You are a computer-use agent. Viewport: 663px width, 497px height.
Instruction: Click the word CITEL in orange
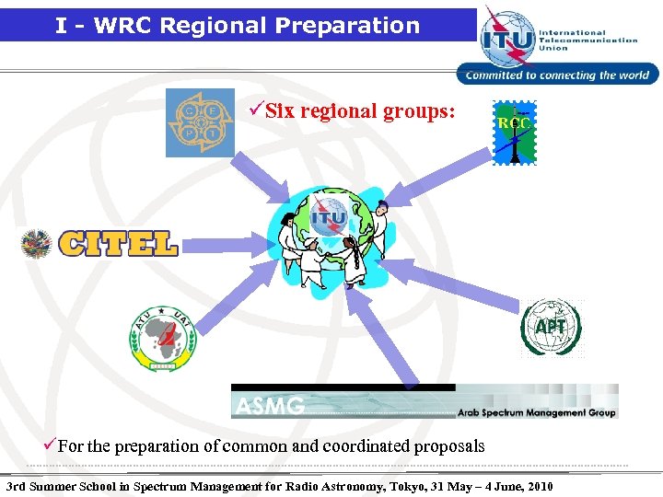click(x=118, y=243)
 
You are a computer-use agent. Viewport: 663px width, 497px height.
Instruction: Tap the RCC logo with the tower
click(x=512, y=133)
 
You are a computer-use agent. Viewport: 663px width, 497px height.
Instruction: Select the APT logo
click(x=551, y=328)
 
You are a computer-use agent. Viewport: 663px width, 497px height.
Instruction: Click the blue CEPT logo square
click(x=200, y=122)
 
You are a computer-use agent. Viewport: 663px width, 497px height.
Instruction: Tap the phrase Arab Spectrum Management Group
click(x=536, y=412)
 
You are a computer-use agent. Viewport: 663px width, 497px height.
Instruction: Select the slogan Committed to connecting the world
click(x=557, y=75)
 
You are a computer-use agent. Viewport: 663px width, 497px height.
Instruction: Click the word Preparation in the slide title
click(x=358, y=25)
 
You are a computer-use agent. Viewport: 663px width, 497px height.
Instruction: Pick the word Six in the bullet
click(x=279, y=111)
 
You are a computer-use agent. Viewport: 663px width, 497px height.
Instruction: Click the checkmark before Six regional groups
click(x=257, y=111)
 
